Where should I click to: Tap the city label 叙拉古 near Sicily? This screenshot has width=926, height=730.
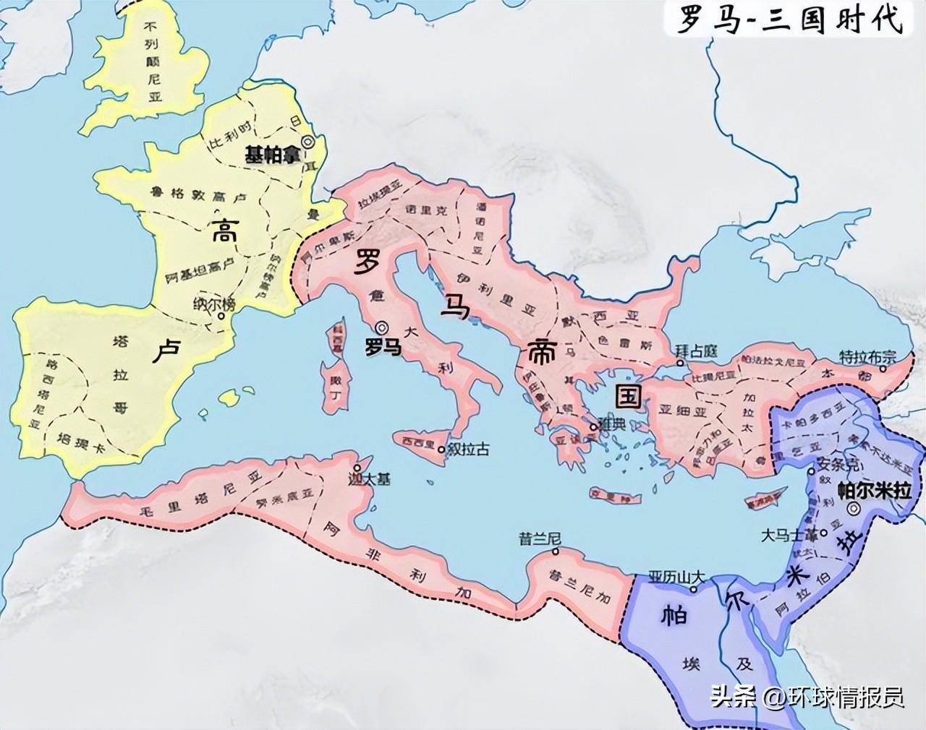[x=468, y=450]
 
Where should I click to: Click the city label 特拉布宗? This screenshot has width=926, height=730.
[x=867, y=356]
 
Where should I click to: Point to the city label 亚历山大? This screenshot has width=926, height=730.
[x=676, y=577]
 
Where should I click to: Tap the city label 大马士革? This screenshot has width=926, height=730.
[x=791, y=536]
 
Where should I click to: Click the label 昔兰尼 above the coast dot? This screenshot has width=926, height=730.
[x=536, y=538]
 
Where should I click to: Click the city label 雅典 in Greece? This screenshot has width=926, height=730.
[x=611, y=426]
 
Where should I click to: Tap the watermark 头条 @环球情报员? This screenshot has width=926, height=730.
[x=807, y=697]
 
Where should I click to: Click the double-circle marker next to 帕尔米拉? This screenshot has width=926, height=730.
[x=854, y=509]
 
